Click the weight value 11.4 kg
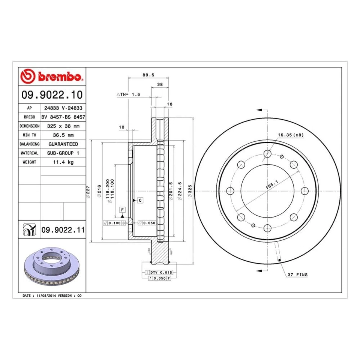pos(63,162)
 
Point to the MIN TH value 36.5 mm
pos(63,135)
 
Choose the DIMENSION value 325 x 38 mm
pos(63,126)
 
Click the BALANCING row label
pos(29,144)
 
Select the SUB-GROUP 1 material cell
pos(63,153)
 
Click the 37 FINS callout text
pos(297,275)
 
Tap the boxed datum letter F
pos(122,209)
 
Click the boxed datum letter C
pos(140,200)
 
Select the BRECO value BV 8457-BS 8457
pos(63,117)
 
